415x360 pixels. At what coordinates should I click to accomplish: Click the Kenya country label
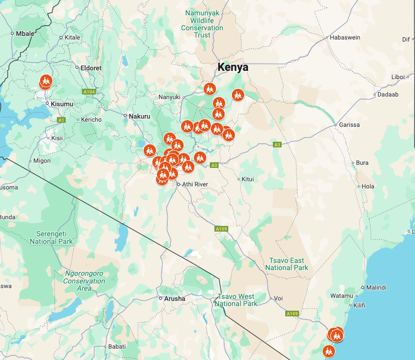point(232,67)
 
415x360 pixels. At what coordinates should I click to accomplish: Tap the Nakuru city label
point(139,116)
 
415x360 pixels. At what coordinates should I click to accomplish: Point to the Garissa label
point(349,125)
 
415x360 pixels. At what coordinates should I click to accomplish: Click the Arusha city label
point(175,298)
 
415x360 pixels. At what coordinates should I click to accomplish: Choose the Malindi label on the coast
point(377,288)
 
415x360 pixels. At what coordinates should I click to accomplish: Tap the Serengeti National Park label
point(51,238)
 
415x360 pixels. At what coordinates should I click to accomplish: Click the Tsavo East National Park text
point(287,264)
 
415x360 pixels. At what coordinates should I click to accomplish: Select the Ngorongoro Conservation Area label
point(84,281)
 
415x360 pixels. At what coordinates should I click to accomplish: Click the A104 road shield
point(89,92)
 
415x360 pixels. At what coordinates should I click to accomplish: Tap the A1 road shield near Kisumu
point(62,120)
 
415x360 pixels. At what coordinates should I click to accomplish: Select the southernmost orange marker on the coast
point(328,351)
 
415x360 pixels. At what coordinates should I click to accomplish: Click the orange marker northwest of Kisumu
point(46,81)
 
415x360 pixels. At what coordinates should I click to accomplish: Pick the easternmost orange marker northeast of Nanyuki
point(238,94)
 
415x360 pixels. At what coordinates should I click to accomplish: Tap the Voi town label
point(279,298)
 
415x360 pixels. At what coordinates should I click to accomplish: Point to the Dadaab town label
point(387,94)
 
